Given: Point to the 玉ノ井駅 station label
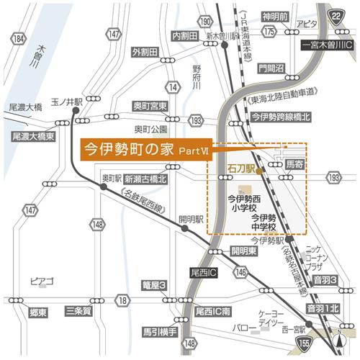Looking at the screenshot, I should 66,103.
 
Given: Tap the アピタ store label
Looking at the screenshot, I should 306,23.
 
